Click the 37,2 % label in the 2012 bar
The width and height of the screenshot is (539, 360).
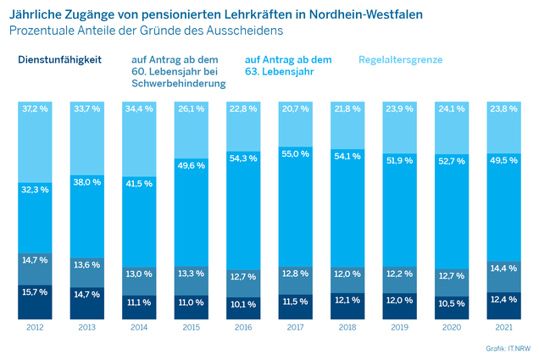pyautogui.click(x=35, y=109)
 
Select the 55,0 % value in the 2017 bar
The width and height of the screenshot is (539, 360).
pyautogui.click(x=295, y=154)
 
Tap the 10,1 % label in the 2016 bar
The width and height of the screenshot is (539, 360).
pyautogui.click(x=243, y=304)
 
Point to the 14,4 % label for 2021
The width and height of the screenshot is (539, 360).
pyautogui.click(x=503, y=269)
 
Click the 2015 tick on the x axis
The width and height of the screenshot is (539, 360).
pyautogui.click(x=192, y=327)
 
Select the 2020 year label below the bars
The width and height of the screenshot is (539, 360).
pyautogui.click(x=452, y=327)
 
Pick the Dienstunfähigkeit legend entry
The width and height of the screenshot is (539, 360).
pyautogui.click(x=60, y=60)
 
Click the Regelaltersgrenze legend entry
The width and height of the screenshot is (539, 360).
pyautogui.click(x=401, y=60)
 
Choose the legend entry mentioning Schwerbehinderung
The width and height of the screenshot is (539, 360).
pyautogui.click(x=179, y=71)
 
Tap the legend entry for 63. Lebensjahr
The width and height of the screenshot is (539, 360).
pyautogui.click(x=288, y=65)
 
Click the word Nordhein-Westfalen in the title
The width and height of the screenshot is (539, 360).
pyautogui.click(x=366, y=14)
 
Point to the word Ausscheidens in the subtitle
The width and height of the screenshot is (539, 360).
pyautogui.click(x=245, y=30)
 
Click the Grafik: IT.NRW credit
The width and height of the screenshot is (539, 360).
pyautogui.click(x=508, y=348)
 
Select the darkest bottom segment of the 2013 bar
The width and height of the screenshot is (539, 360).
pyautogui.click(x=87, y=303)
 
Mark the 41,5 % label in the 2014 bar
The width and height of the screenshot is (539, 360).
pyautogui.click(x=139, y=184)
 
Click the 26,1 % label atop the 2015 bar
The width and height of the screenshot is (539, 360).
pyautogui.click(x=192, y=109)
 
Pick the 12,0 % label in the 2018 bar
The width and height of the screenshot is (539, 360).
pyautogui.click(x=347, y=274)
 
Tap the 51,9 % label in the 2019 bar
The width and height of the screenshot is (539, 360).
pyautogui.click(x=399, y=160)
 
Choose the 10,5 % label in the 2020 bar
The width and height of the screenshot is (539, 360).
pyautogui.click(x=452, y=303)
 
